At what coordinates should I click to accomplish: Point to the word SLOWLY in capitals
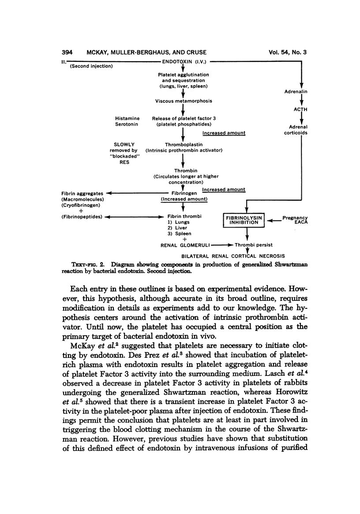(124, 144)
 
